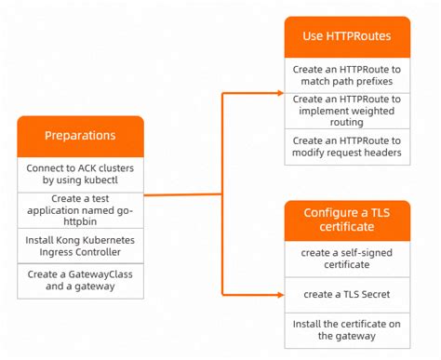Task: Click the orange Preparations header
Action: coord(80,136)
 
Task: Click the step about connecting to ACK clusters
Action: coord(80,172)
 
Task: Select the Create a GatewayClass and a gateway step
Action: coord(80,281)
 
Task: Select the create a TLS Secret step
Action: coord(347,293)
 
